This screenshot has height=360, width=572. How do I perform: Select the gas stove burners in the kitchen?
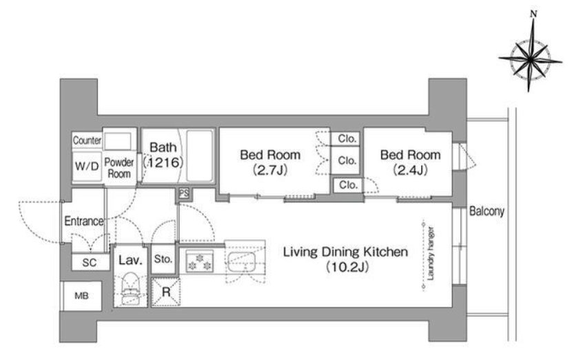click(200, 262)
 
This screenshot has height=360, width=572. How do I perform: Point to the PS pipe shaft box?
click(184, 194)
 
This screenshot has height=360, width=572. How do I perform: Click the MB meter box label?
click(82, 296)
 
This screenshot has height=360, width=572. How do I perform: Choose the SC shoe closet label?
click(90, 263)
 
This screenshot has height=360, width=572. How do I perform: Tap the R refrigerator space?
click(166, 292)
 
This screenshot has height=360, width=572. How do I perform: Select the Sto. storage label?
click(163, 259)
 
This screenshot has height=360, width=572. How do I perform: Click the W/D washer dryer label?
click(87, 166)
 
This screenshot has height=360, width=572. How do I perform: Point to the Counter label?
click(87, 140)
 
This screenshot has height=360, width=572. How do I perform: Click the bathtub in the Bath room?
click(200, 156)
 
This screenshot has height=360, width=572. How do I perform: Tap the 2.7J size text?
click(270, 170)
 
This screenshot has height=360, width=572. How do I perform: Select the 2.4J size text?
click(411, 170)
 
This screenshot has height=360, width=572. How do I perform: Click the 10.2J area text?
click(347, 268)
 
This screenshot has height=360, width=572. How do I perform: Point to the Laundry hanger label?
click(431, 253)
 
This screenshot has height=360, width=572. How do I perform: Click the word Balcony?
click(487, 211)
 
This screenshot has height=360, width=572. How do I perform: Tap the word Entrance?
click(84, 221)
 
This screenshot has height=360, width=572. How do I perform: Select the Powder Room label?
click(119, 168)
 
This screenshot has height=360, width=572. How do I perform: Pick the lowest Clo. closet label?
click(348, 185)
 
